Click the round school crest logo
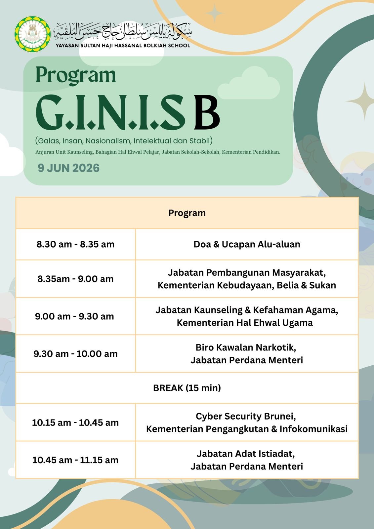click(33, 34)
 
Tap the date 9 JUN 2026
click(68, 168)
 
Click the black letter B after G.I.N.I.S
click(207, 112)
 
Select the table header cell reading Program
click(187, 213)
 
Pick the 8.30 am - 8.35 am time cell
click(76, 244)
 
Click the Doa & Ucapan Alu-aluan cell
click(247, 244)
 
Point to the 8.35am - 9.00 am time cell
click(76, 279)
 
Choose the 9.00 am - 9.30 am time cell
click(76, 316)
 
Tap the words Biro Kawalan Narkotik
click(246, 347)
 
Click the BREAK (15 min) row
click(187, 388)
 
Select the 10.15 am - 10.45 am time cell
click(76, 423)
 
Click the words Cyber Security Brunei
click(246, 416)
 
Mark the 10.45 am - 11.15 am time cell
click(76, 460)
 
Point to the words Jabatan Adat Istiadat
click(246, 454)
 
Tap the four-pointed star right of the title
click(364, 101)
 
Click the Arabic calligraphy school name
click(123, 31)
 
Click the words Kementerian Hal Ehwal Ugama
click(245, 323)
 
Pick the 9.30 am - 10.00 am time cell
click(76, 354)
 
